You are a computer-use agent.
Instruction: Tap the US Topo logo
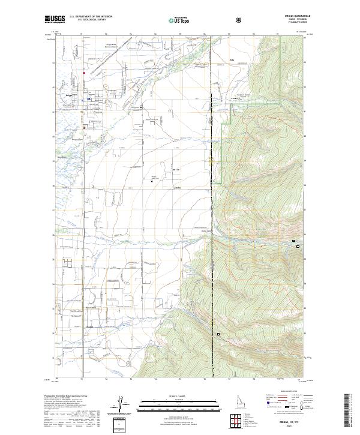[173, 20]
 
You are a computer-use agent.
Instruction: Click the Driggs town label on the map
[69, 95]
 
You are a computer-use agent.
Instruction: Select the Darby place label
[178, 188]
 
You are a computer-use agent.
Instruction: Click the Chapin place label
[91, 326]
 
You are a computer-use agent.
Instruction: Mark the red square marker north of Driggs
[84, 74]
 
